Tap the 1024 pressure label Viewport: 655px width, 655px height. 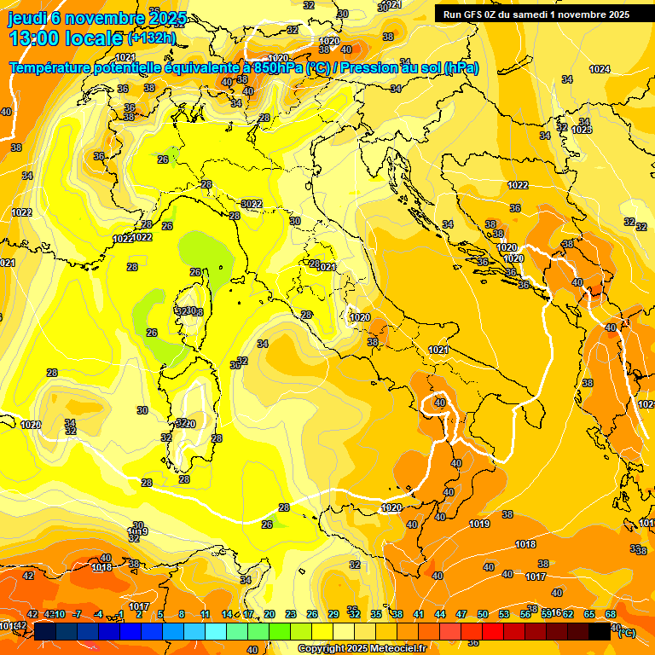pyautogui.click(x=600, y=69)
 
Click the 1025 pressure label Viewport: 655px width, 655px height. pyautogui.click(x=582, y=130)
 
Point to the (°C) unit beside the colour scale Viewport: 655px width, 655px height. pyautogui.click(x=626, y=632)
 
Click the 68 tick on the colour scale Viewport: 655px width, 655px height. pyautogui.click(x=611, y=614)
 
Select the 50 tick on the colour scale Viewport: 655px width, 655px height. pyautogui.click(x=483, y=614)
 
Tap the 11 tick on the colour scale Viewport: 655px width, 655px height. pyautogui.click(x=205, y=614)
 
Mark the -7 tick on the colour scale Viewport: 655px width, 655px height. pyautogui.click(x=76, y=614)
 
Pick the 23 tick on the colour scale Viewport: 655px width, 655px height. pyautogui.click(x=290, y=614)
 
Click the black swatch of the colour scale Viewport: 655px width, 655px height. pyautogui.click(x=600, y=632)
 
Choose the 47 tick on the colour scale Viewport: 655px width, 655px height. pyautogui.click(x=461, y=614)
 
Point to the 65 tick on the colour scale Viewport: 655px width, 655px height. pyautogui.click(x=589, y=614)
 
